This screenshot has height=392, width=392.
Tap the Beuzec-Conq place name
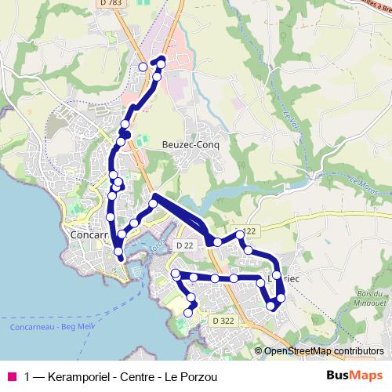point(190,145)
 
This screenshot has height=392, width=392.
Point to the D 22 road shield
point(184,246)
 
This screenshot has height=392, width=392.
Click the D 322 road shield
point(223,321)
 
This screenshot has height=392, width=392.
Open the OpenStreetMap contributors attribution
point(324,351)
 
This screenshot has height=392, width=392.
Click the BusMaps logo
point(354,376)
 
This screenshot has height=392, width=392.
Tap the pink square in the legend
point(11,376)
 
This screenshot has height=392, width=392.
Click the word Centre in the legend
point(142,376)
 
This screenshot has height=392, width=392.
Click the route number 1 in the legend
point(27,376)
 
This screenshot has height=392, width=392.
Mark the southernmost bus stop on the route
point(188,314)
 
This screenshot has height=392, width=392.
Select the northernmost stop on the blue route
point(162,60)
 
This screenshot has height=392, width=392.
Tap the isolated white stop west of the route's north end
point(143,67)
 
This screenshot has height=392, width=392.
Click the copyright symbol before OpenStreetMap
point(258,351)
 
